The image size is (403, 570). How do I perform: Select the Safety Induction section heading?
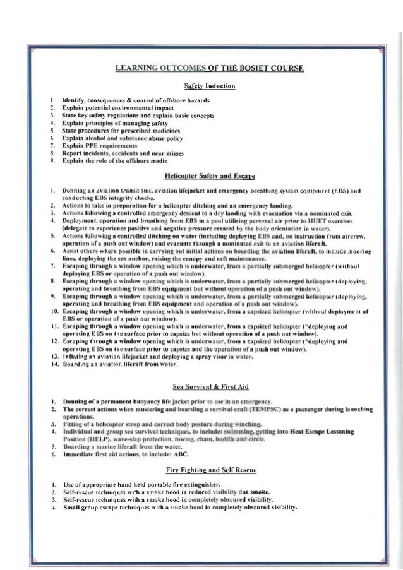click(201, 86)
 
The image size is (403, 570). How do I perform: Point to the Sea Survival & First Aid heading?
click(201, 388)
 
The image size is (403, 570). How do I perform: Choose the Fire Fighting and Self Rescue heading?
click(201, 470)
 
